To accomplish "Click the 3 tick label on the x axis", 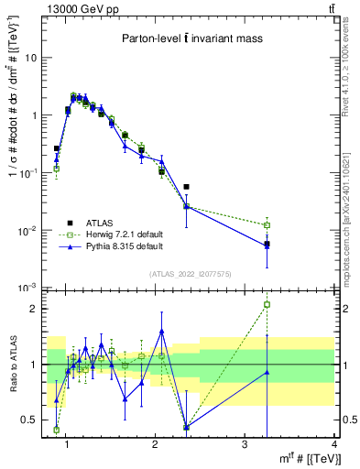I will [x=245, y=445].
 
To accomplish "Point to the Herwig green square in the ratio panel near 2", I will [x=267, y=304].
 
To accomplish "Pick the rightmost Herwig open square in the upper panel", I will [x=267, y=225].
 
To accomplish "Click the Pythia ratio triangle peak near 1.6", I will [x=161, y=332].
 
